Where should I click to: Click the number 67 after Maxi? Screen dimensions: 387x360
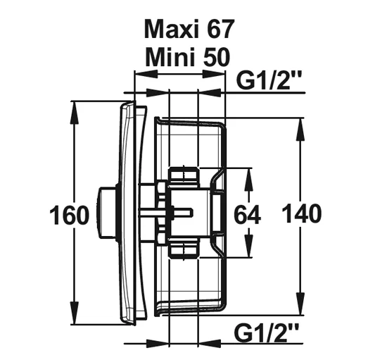click(220, 29)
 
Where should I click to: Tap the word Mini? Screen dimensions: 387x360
click(169, 57)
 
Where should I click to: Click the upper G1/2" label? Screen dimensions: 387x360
click(269, 80)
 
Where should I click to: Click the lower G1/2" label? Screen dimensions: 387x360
click(267, 333)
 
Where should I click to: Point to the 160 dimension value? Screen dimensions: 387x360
click(69, 215)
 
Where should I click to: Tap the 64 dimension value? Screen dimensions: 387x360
click(247, 214)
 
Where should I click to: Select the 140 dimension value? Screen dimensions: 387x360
click(302, 213)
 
